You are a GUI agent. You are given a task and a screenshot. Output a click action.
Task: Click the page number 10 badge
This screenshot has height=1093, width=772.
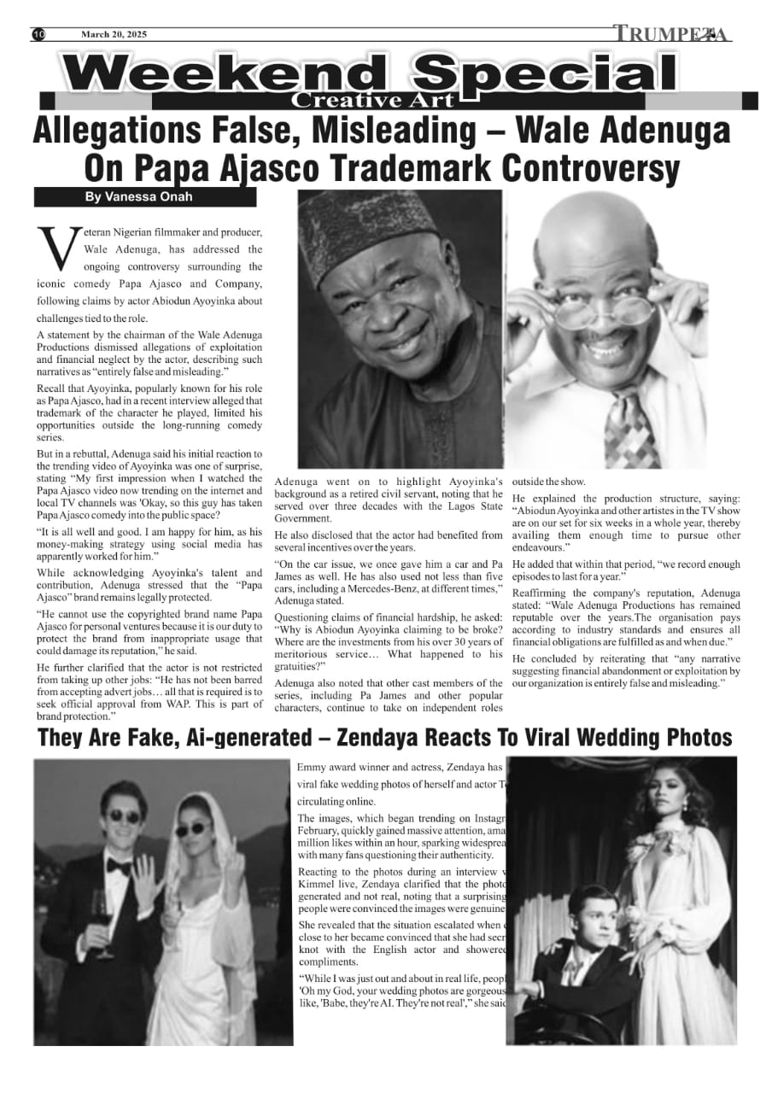click(x=38, y=34)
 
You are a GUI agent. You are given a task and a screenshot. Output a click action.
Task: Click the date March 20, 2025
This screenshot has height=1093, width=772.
click(x=114, y=34)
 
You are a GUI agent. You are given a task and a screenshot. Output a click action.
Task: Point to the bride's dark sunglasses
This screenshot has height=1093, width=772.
click(x=190, y=830)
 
